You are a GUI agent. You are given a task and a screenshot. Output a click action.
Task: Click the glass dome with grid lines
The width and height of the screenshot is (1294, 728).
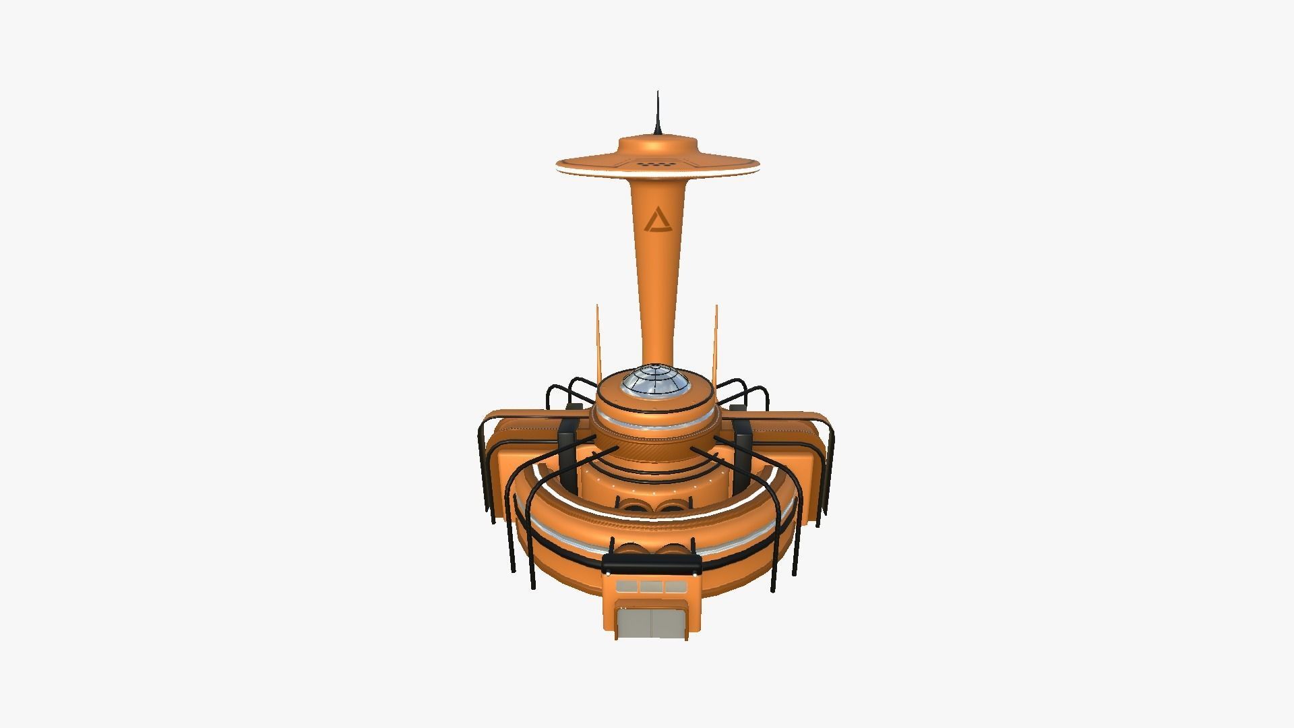654,382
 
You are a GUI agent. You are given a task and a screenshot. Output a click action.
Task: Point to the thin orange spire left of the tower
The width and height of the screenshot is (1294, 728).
597,340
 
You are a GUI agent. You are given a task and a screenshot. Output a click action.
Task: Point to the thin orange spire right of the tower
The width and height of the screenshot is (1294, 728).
716,340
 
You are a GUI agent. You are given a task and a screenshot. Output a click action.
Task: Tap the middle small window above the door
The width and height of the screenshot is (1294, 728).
651,586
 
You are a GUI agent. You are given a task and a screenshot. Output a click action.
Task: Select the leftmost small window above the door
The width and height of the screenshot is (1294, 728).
627,586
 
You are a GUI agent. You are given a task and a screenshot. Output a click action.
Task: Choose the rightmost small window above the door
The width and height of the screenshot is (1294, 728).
675,586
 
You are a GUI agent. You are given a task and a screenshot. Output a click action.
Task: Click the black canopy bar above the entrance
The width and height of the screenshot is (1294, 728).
652,564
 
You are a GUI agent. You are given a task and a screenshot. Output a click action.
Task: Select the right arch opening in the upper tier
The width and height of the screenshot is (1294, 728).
671,506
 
